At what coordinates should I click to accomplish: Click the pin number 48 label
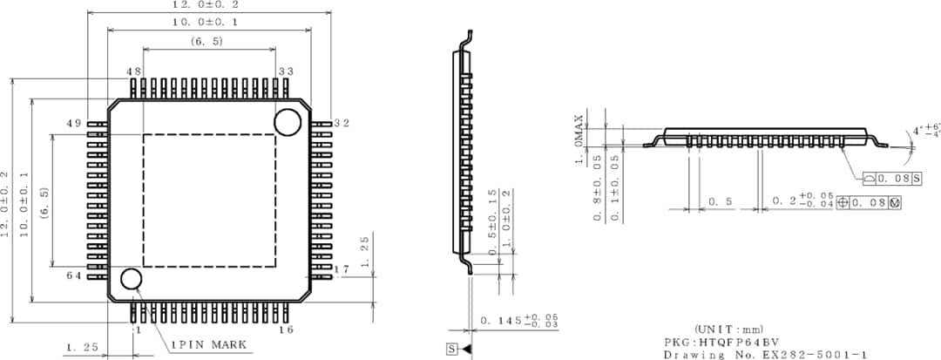tap(133, 71)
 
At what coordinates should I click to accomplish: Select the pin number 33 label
tap(286, 71)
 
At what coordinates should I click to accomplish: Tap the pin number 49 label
tap(75, 124)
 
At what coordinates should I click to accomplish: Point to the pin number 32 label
tap(342, 124)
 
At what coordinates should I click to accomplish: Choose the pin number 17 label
tap(342, 269)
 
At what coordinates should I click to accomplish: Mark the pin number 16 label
tap(286, 329)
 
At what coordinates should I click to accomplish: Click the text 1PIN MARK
tap(207, 344)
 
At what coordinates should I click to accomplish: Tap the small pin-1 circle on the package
tap(132, 279)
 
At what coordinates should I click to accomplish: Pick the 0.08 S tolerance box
tap(893, 179)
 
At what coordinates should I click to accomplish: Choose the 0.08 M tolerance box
tap(868, 203)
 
